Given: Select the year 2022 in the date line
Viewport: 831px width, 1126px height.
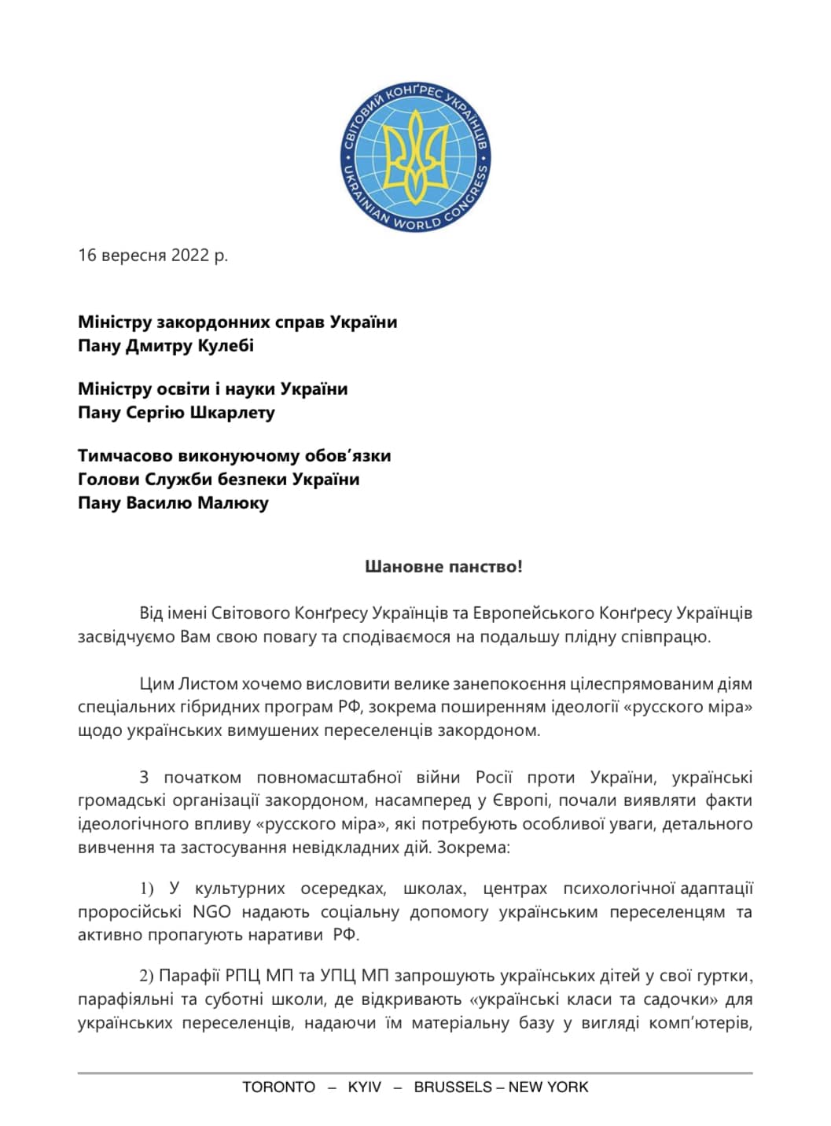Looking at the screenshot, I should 190,255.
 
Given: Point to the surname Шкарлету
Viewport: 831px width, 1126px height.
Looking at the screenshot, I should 238,412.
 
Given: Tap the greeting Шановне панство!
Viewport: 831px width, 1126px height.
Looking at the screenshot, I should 443,566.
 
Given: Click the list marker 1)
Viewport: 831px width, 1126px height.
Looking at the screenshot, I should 147,889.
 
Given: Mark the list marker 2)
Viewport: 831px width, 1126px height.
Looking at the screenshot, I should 147,976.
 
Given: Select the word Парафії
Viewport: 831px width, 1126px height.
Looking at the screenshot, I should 189,976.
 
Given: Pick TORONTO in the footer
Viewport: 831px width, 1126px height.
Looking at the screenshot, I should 278,1087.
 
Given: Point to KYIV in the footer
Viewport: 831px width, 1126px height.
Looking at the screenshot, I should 364,1087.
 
